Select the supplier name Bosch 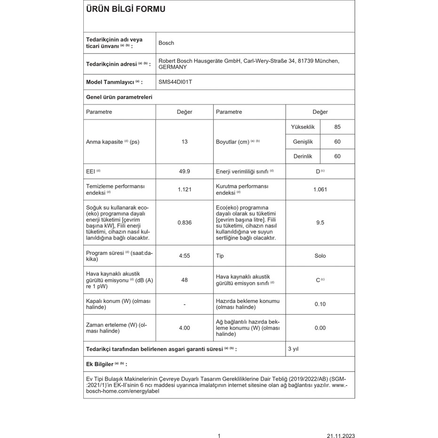(166, 43)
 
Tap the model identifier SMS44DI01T (175, 82)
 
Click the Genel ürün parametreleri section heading (119, 97)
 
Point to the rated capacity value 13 (184, 142)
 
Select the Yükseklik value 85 (337, 127)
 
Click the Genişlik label (303, 142)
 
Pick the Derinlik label (303, 156)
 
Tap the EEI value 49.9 (184, 171)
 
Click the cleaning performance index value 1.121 (184, 190)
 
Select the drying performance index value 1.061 (320, 190)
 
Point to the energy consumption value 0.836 (184, 223)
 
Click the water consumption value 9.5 (320, 223)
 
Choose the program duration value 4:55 (184, 256)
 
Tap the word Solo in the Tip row (320, 256)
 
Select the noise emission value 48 (184, 280)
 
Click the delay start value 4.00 (184, 328)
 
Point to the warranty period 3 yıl (293, 349)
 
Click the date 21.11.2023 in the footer (341, 436)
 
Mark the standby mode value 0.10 (320, 304)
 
